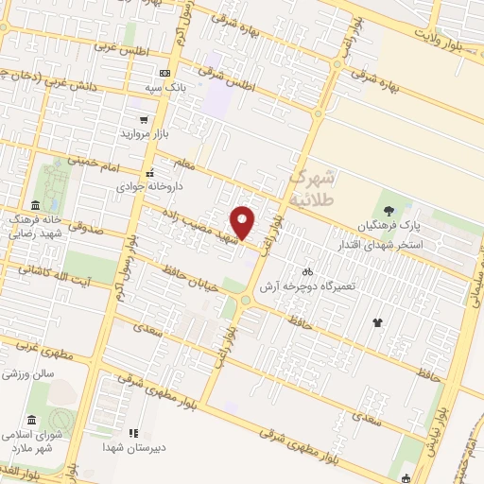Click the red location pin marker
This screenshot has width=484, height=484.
coord(244,221)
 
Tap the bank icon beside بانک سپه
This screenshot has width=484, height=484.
coord(165,73)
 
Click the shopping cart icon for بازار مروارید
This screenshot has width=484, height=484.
coord(143,120)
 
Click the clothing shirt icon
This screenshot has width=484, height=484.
coord(378,322)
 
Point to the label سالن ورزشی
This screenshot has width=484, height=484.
coord(24,374)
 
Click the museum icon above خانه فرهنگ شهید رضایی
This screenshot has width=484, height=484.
coord(35,206)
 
